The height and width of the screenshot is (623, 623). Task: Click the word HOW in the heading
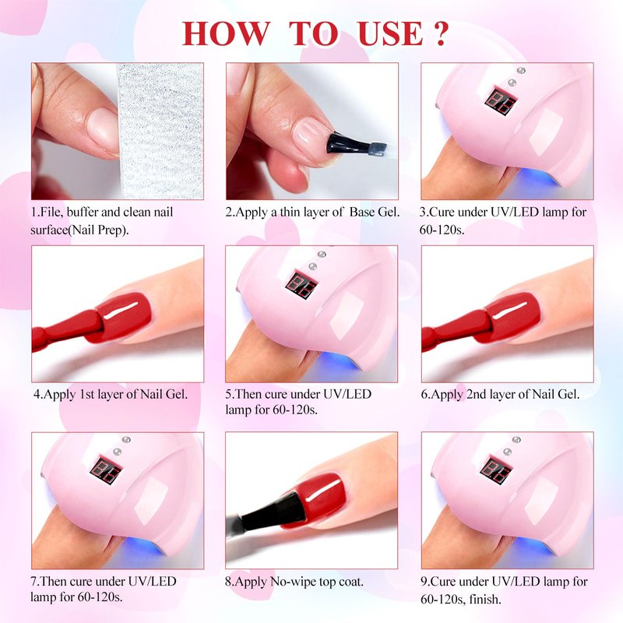[226, 33]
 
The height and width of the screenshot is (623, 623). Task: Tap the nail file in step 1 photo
[160, 131]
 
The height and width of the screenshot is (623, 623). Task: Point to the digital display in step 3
[501, 101]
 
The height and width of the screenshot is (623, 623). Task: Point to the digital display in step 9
[496, 470]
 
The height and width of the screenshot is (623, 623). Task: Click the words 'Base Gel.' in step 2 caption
[375, 212]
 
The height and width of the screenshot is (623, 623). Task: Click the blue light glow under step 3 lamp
[533, 178]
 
